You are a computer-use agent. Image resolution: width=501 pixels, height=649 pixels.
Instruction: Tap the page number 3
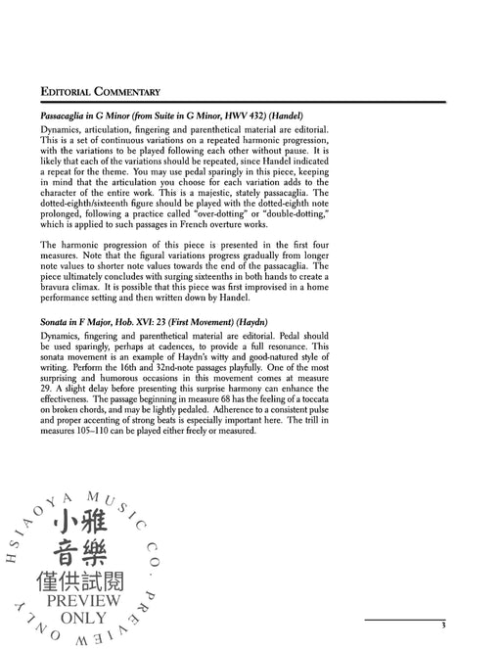click(x=442, y=597)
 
